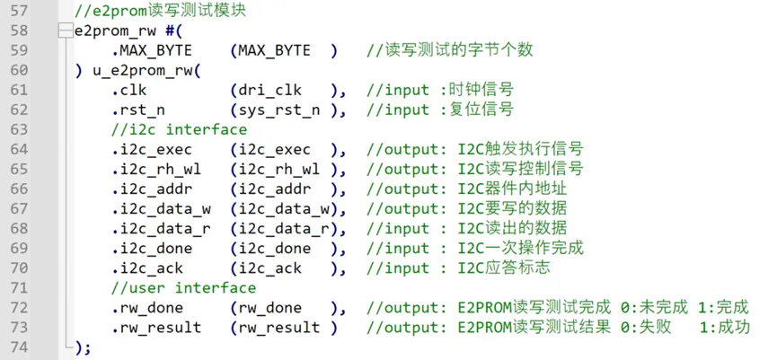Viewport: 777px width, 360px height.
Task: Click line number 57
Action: point(19,11)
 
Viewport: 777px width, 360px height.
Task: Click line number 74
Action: point(19,347)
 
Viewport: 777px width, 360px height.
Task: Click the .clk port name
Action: point(128,90)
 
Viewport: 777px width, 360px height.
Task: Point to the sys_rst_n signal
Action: point(278,110)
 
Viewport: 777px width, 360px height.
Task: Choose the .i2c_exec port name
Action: point(152,149)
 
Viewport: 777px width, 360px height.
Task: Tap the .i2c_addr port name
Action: point(152,189)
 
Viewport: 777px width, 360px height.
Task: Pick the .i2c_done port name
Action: point(152,248)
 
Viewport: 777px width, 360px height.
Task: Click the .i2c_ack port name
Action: point(147,268)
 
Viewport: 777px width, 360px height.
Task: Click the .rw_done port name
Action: point(147,308)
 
